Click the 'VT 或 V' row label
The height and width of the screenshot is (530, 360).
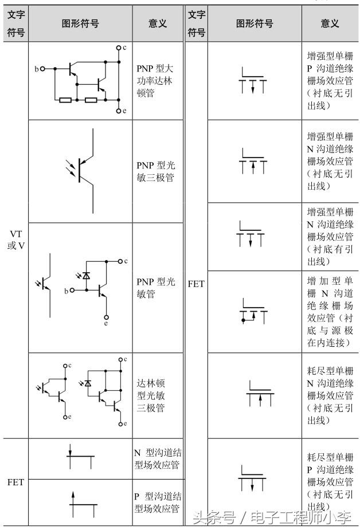[x=15, y=240]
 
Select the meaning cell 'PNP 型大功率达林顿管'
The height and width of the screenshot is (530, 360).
[x=155, y=81]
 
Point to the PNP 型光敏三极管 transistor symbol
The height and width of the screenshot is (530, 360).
[x=82, y=171]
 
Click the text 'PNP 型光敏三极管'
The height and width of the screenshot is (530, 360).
[x=156, y=171]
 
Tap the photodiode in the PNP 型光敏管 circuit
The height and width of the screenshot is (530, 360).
[x=86, y=276]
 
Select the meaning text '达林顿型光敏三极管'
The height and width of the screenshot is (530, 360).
[x=151, y=395]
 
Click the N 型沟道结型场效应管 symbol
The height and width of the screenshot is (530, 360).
[x=80, y=457]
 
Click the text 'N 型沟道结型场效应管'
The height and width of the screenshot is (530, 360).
[x=158, y=459]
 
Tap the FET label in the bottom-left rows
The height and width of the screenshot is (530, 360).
[x=15, y=482]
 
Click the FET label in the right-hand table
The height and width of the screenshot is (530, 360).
[x=196, y=284]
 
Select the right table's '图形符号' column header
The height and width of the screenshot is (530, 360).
[x=255, y=23]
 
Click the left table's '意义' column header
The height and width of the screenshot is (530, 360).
[x=158, y=23]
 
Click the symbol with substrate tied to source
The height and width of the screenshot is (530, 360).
[x=253, y=311]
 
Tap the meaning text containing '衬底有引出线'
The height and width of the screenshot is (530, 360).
[x=330, y=237]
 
